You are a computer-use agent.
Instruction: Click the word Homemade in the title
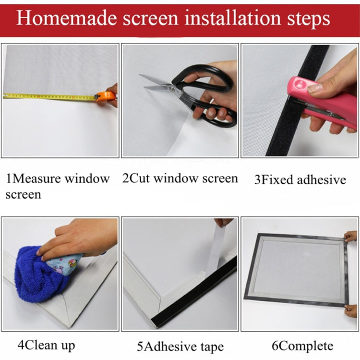point(67,18)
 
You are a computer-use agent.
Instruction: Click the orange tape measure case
point(105,97)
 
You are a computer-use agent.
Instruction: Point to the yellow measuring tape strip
point(49,96)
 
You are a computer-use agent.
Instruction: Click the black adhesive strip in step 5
point(194,291)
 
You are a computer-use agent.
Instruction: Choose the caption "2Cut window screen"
point(180,179)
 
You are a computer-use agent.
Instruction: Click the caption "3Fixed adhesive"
point(300,180)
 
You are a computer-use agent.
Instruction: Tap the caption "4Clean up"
point(47,346)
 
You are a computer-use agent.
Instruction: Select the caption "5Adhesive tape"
point(180,347)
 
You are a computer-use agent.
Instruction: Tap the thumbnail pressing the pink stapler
point(314,88)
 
